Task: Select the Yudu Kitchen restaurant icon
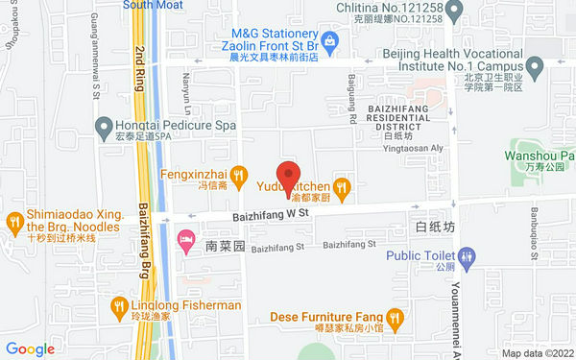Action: (341, 185)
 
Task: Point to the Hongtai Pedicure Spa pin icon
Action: (102, 125)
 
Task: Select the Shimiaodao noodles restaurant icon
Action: (13, 222)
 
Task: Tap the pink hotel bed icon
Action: (185, 237)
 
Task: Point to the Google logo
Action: (30, 349)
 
